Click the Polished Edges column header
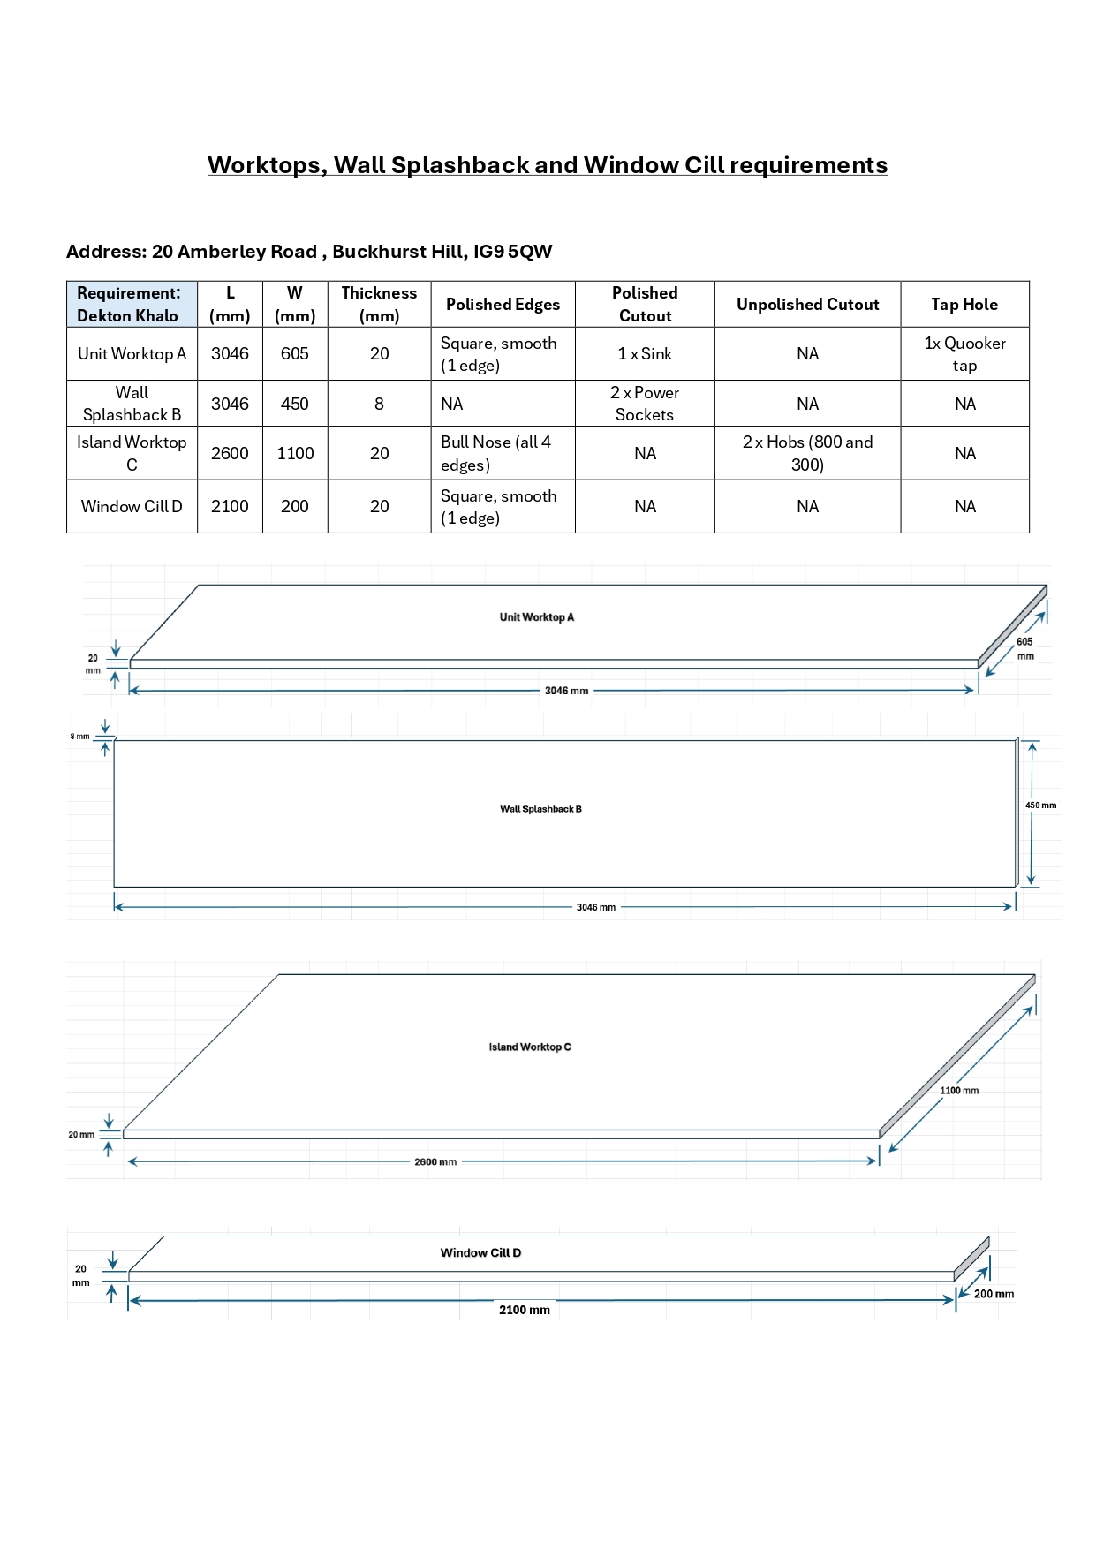(503, 305)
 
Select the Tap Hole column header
(964, 305)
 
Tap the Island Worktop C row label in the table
(132, 453)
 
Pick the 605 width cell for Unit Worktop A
(295, 354)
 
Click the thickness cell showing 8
(379, 404)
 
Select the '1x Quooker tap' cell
(964, 354)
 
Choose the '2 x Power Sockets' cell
(645, 404)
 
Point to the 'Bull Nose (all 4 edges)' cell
(495, 453)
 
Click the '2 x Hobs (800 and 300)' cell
(807, 453)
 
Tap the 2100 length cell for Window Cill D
(230, 506)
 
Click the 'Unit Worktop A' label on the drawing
(537, 617)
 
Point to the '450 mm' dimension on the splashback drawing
(1040, 805)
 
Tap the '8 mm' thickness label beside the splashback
(80, 737)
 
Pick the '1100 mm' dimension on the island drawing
(959, 1091)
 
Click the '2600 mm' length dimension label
(435, 1162)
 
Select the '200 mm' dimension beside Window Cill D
(994, 1294)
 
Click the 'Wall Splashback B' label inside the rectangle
(540, 809)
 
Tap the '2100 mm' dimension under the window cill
(525, 1310)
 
